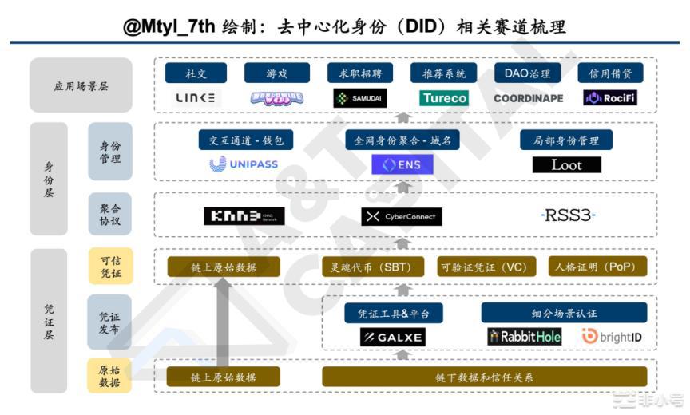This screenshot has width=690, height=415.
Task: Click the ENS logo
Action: (402, 165)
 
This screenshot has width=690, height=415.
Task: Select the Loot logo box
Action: (566, 165)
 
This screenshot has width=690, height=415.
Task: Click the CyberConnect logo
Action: (401, 216)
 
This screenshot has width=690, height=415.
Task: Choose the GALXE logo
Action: (392, 338)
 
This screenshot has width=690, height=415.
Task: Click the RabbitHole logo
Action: (525, 337)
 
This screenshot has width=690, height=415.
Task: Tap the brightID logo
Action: (611, 337)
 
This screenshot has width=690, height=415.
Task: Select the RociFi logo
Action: (610, 98)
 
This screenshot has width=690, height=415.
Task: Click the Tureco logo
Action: (444, 98)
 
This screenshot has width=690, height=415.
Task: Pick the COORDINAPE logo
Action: (528, 98)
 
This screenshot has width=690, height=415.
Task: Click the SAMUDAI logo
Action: (359, 98)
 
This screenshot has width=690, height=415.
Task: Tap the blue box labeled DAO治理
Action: (528, 73)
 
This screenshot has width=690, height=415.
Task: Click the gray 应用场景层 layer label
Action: (81, 85)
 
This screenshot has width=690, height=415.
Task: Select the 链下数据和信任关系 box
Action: (485, 377)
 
